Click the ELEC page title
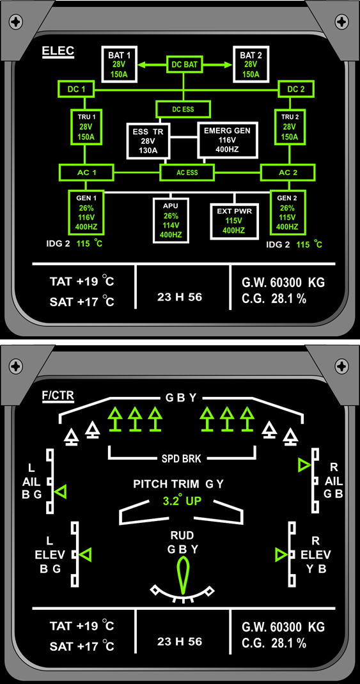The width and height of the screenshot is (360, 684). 58,52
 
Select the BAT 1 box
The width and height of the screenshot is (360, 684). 120,64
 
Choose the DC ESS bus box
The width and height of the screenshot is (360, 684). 184,109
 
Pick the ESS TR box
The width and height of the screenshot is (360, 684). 148,141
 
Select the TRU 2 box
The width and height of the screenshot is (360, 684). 290,127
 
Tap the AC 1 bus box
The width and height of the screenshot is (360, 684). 86,172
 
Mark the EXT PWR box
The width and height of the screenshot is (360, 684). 234,221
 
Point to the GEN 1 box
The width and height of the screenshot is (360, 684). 86,212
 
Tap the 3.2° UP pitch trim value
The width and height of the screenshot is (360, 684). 182,501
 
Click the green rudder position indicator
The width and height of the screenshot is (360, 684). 182,575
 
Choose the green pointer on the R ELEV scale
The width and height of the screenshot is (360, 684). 281,555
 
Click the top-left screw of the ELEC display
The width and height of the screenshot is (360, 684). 17,20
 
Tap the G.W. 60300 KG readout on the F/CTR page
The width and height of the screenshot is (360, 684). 283,627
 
